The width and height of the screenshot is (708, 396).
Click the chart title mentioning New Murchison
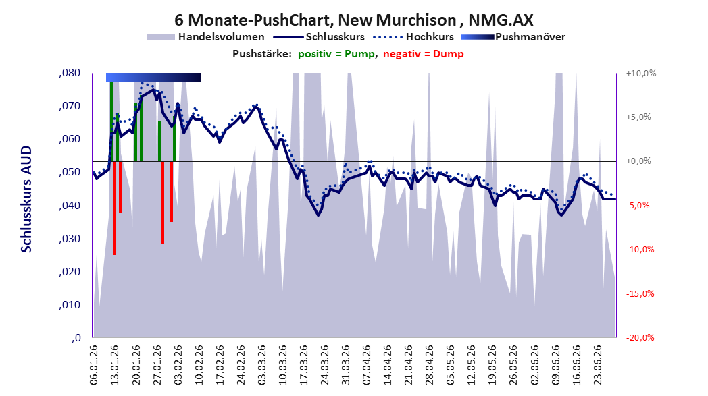point(353,20)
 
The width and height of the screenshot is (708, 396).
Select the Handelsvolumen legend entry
point(205,37)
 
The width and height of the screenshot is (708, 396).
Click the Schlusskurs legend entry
point(319,37)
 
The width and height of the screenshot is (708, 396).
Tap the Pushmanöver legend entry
point(513,37)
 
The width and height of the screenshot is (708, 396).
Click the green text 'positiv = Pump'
point(336,54)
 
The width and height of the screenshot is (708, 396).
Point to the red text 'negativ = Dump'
point(423,54)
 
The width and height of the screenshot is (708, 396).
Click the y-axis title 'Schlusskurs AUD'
point(26,199)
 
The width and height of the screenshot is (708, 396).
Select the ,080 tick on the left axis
point(70,73)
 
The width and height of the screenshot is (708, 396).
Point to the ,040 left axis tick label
point(70,206)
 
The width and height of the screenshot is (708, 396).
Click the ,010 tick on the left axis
point(70,305)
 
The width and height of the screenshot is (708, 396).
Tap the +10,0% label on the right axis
point(641,73)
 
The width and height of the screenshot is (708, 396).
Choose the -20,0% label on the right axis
point(640,338)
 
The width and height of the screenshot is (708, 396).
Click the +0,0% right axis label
point(639,161)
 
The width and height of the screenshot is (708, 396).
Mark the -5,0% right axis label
point(638,206)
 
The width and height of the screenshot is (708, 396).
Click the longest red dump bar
point(115,208)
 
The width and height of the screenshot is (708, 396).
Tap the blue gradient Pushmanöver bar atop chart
point(153,77)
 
